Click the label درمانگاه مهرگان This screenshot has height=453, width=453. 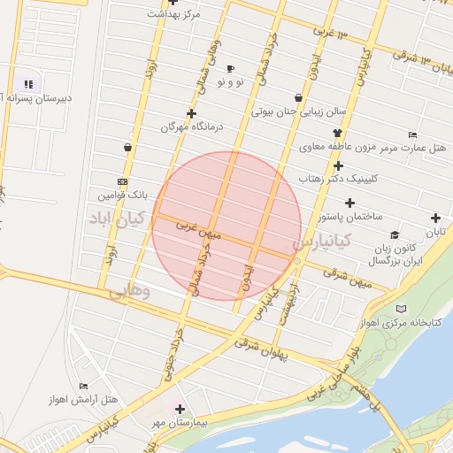(193, 127)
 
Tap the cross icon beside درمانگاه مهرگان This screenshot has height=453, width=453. (192, 113)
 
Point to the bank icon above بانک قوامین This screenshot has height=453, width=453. (122, 180)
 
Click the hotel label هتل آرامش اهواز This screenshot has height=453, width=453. (85, 400)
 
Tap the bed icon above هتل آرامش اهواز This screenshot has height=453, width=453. (84, 386)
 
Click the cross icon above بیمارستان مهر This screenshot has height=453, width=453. (180, 409)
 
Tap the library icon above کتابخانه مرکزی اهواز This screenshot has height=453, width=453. (403, 309)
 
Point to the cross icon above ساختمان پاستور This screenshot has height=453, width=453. (349, 203)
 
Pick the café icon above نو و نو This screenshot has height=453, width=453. (231, 68)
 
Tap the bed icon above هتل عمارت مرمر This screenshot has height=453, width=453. (413, 134)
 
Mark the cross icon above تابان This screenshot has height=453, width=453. (435, 218)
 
